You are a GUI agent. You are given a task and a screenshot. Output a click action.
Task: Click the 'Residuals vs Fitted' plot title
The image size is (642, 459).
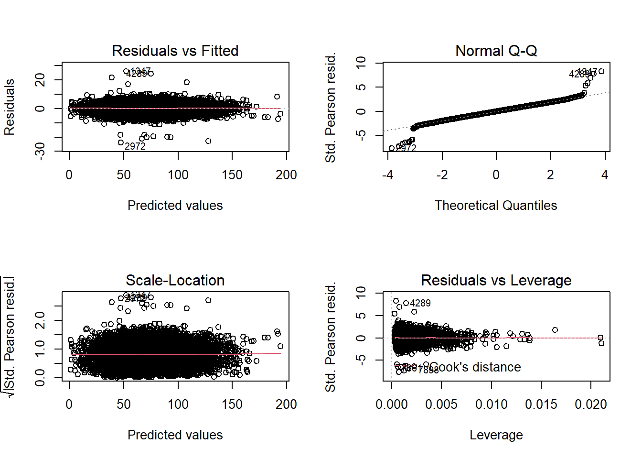coord(175,51)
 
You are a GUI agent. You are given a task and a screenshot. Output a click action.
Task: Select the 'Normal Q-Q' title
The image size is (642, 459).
coord(496,51)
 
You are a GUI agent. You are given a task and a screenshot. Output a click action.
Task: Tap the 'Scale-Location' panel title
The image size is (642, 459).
coord(175,280)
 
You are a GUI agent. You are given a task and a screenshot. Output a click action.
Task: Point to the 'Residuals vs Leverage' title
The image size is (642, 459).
coord(496,280)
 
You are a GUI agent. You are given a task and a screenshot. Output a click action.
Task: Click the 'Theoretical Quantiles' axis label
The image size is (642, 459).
coord(496,206)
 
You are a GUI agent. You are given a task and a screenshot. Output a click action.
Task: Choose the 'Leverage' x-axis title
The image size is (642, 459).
coord(496,435)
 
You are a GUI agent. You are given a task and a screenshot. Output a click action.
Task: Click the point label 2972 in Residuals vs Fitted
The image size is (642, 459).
coord(135,146)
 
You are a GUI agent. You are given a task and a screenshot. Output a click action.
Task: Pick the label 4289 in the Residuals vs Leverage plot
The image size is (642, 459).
coord(420,303)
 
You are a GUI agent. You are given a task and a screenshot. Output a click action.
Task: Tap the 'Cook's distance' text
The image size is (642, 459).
coord(475,367)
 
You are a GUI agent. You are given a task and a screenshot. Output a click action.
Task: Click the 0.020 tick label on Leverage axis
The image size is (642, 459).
coord(591,404)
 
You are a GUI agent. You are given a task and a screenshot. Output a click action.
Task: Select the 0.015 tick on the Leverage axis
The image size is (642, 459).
coord(541,404)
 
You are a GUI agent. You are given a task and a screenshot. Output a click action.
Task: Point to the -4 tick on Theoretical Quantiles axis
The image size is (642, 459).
coord(387,175)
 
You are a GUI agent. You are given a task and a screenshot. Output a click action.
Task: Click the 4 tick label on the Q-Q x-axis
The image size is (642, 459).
coord(605,175)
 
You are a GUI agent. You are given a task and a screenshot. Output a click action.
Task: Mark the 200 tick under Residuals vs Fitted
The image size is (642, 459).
coord(286,175)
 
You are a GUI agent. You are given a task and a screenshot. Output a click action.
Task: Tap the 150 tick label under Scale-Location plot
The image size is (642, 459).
coord(232,404)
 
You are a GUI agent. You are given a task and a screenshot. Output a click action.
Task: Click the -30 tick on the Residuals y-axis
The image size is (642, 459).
coord(40,151)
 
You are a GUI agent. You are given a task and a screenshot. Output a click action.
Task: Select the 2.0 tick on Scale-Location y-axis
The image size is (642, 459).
coord(40,320)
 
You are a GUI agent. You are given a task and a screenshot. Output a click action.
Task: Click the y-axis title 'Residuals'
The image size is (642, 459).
coord(10,107)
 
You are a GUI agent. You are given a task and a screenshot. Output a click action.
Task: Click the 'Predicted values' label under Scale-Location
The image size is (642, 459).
coord(175,435)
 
